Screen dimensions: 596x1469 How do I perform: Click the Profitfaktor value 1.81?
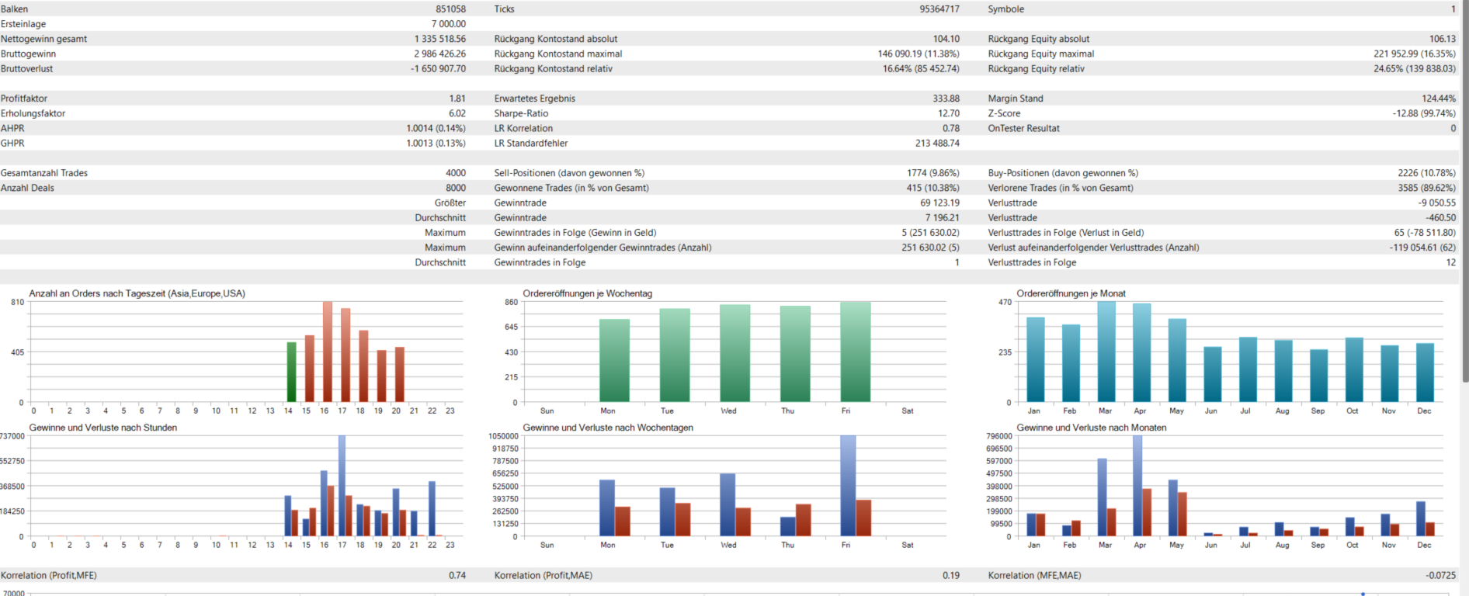coord(457,99)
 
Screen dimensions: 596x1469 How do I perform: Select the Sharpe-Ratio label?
coord(521,113)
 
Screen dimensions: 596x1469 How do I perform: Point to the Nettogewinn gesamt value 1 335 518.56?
coord(439,39)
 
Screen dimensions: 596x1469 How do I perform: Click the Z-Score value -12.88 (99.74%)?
coord(1424,113)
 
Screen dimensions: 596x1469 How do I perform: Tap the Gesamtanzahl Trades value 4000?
coord(456,173)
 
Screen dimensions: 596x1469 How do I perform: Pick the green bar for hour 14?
coord(291,372)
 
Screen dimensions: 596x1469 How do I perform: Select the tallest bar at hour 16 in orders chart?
coord(328,352)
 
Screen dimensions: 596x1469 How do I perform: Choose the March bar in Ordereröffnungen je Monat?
coord(1106,352)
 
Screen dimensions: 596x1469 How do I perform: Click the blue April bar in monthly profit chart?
coord(1137,486)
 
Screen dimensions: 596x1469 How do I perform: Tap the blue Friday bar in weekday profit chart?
coord(848,486)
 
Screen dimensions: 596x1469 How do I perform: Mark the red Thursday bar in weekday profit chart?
coord(804,520)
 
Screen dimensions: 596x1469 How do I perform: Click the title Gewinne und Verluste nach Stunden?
coord(103,428)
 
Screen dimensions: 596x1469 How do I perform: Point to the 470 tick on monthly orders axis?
coord(1005,302)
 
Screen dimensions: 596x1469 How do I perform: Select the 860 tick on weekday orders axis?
coord(511,302)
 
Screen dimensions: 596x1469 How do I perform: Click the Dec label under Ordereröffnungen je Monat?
coord(1424,411)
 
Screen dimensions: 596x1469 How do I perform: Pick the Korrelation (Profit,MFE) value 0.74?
coord(457,576)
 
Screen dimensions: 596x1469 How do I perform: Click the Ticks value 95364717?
coord(939,9)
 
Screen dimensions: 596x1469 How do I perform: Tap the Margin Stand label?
coord(1016,99)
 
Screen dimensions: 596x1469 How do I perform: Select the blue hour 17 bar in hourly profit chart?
coord(342,486)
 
